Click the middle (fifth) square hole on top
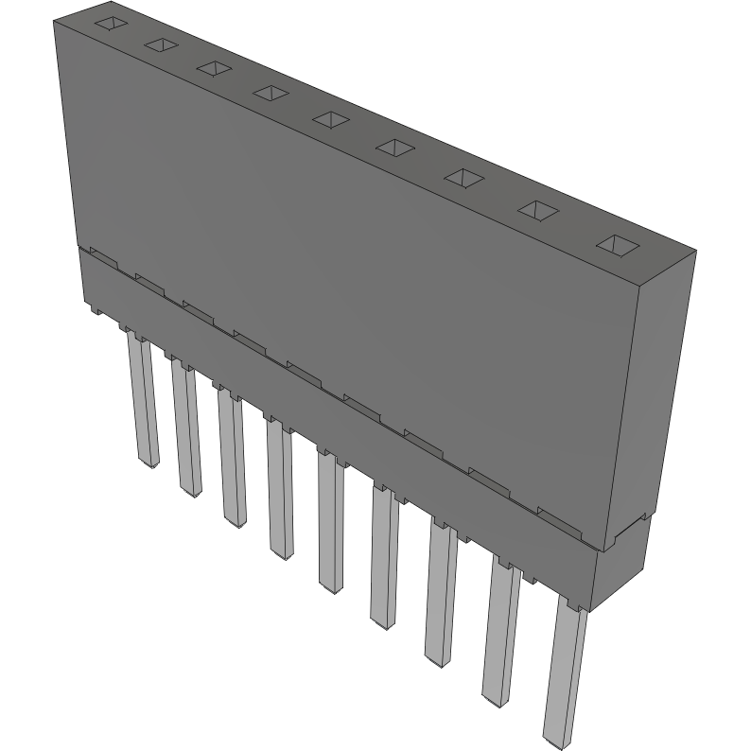coord(330,118)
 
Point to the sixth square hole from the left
coord(393,147)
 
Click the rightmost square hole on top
coord(618,245)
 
